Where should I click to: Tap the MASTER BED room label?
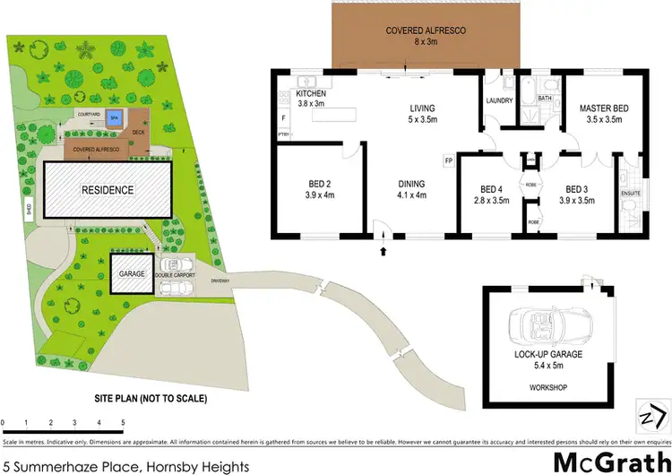coord(604,113)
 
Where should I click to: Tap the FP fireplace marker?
coord(447,161)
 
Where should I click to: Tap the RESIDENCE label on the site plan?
coord(108,190)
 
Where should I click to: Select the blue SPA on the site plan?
coord(112,117)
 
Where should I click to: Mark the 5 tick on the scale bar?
coord(122,422)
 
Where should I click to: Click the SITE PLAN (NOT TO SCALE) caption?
coord(151,398)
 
